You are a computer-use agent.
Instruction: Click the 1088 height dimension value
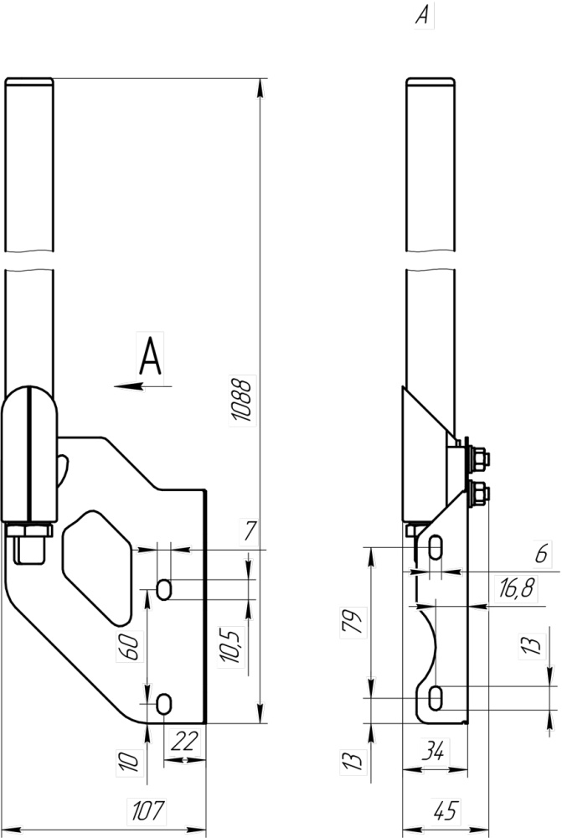243,401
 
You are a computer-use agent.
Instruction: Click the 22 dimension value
183,741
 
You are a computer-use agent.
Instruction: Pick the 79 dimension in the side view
353,622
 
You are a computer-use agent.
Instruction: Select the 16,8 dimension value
516,588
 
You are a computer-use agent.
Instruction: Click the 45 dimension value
445,810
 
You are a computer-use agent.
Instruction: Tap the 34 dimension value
433,752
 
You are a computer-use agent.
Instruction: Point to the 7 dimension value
250,531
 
